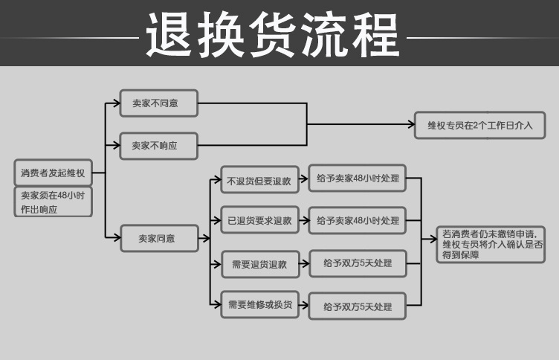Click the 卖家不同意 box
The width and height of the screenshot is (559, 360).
(x=159, y=103)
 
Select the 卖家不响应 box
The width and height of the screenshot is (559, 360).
(x=159, y=146)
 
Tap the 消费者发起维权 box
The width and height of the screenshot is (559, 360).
(x=53, y=173)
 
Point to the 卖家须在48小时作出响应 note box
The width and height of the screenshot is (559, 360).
(x=53, y=202)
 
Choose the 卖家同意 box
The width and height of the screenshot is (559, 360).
(x=159, y=239)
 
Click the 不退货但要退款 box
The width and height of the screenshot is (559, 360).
(x=259, y=179)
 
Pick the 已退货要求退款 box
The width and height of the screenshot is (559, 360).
(x=259, y=220)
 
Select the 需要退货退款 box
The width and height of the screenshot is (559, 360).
(x=259, y=263)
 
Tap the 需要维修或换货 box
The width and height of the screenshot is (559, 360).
(x=259, y=305)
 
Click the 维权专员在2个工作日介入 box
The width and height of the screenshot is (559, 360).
(x=479, y=125)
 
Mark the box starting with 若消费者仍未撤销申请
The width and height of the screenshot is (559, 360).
(x=492, y=243)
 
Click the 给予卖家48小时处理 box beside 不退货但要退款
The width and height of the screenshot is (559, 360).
(x=357, y=179)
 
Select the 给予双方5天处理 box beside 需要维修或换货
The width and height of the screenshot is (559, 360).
(x=357, y=306)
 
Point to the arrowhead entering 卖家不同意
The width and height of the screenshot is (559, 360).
(x=116, y=103)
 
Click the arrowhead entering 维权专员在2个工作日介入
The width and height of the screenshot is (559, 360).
(x=411, y=124)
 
